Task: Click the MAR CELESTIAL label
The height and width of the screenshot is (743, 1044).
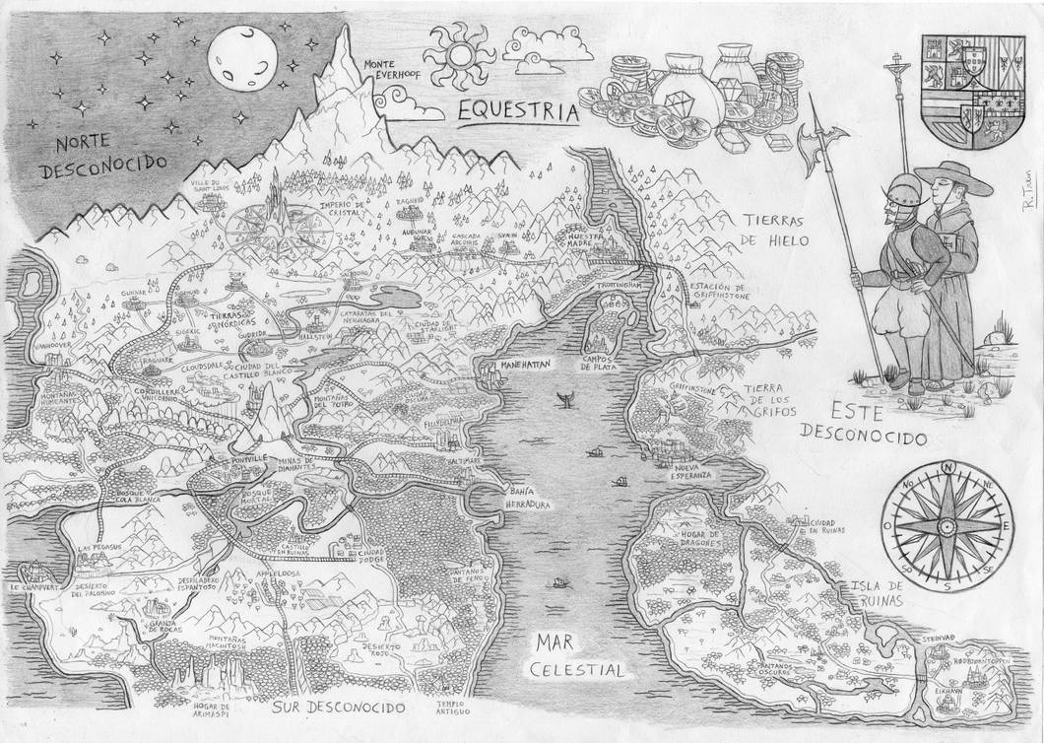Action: click(x=576, y=656)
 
